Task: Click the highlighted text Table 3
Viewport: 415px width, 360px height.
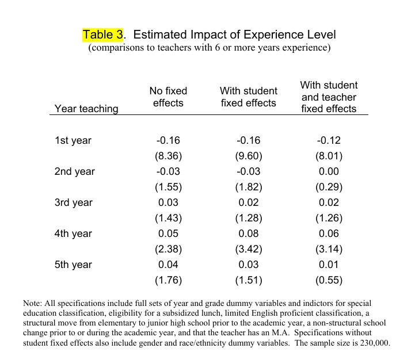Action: pyautogui.click(x=102, y=35)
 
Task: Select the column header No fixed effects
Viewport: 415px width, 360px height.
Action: pyautogui.click(x=168, y=97)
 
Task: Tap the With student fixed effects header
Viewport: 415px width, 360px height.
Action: pyautogui.click(x=248, y=97)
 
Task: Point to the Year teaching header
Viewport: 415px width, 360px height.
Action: pyautogui.click(x=86, y=109)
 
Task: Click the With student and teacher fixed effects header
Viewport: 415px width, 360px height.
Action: pyautogui.click(x=329, y=97)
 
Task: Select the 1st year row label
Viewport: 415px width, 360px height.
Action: pyautogui.click(x=73, y=140)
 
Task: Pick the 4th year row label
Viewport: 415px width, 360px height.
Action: pyautogui.click(x=73, y=233)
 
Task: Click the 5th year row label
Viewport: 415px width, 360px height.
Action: pyautogui.click(x=73, y=265)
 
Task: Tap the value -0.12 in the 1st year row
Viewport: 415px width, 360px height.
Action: pyautogui.click(x=329, y=140)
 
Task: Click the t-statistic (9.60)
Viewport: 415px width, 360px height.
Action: pyautogui.click(x=249, y=156)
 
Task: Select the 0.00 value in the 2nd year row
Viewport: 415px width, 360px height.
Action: pyautogui.click(x=329, y=171)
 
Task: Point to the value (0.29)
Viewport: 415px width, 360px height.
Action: pyautogui.click(x=329, y=187)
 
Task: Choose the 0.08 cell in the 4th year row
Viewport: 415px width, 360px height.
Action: pyautogui.click(x=248, y=233)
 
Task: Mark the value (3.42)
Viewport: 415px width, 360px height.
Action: pyautogui.click(x=249, y=249)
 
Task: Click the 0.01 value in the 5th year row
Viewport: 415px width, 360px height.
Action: pyautogui.click(x=329, y=265)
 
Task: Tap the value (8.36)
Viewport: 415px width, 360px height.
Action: pyautogui.click(x=168, y=156)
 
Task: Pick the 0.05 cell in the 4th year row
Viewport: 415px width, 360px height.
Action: pyautogui.click(x=168, y=233)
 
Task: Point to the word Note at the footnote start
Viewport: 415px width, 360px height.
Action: pyautogui.click(x=32, y=303)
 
